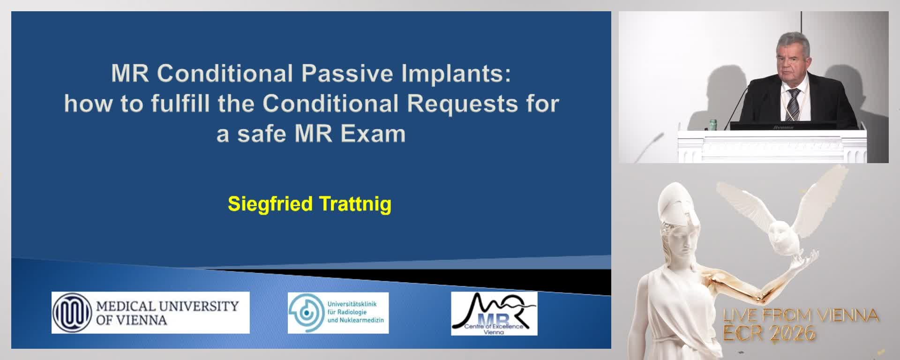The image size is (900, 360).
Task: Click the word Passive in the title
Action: [347, 74]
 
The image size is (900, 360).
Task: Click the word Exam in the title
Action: [373, 134]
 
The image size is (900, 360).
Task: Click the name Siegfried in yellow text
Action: [270, 204]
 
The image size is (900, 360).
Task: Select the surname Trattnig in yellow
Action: [355, 204]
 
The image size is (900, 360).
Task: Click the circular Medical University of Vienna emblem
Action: [72, 313]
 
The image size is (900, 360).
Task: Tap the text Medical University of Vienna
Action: [167, 313]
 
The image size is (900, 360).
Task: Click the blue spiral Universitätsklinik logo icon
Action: [306, 312]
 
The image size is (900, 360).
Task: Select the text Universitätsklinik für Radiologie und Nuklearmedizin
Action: [355, 312]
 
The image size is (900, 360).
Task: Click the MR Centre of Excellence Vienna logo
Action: [494, 313]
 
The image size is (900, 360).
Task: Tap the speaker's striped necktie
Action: [792, 104]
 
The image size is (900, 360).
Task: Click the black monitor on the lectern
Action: [783, 126]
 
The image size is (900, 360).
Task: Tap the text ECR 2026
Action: [769, 333]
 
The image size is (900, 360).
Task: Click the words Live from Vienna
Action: [801, 315]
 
